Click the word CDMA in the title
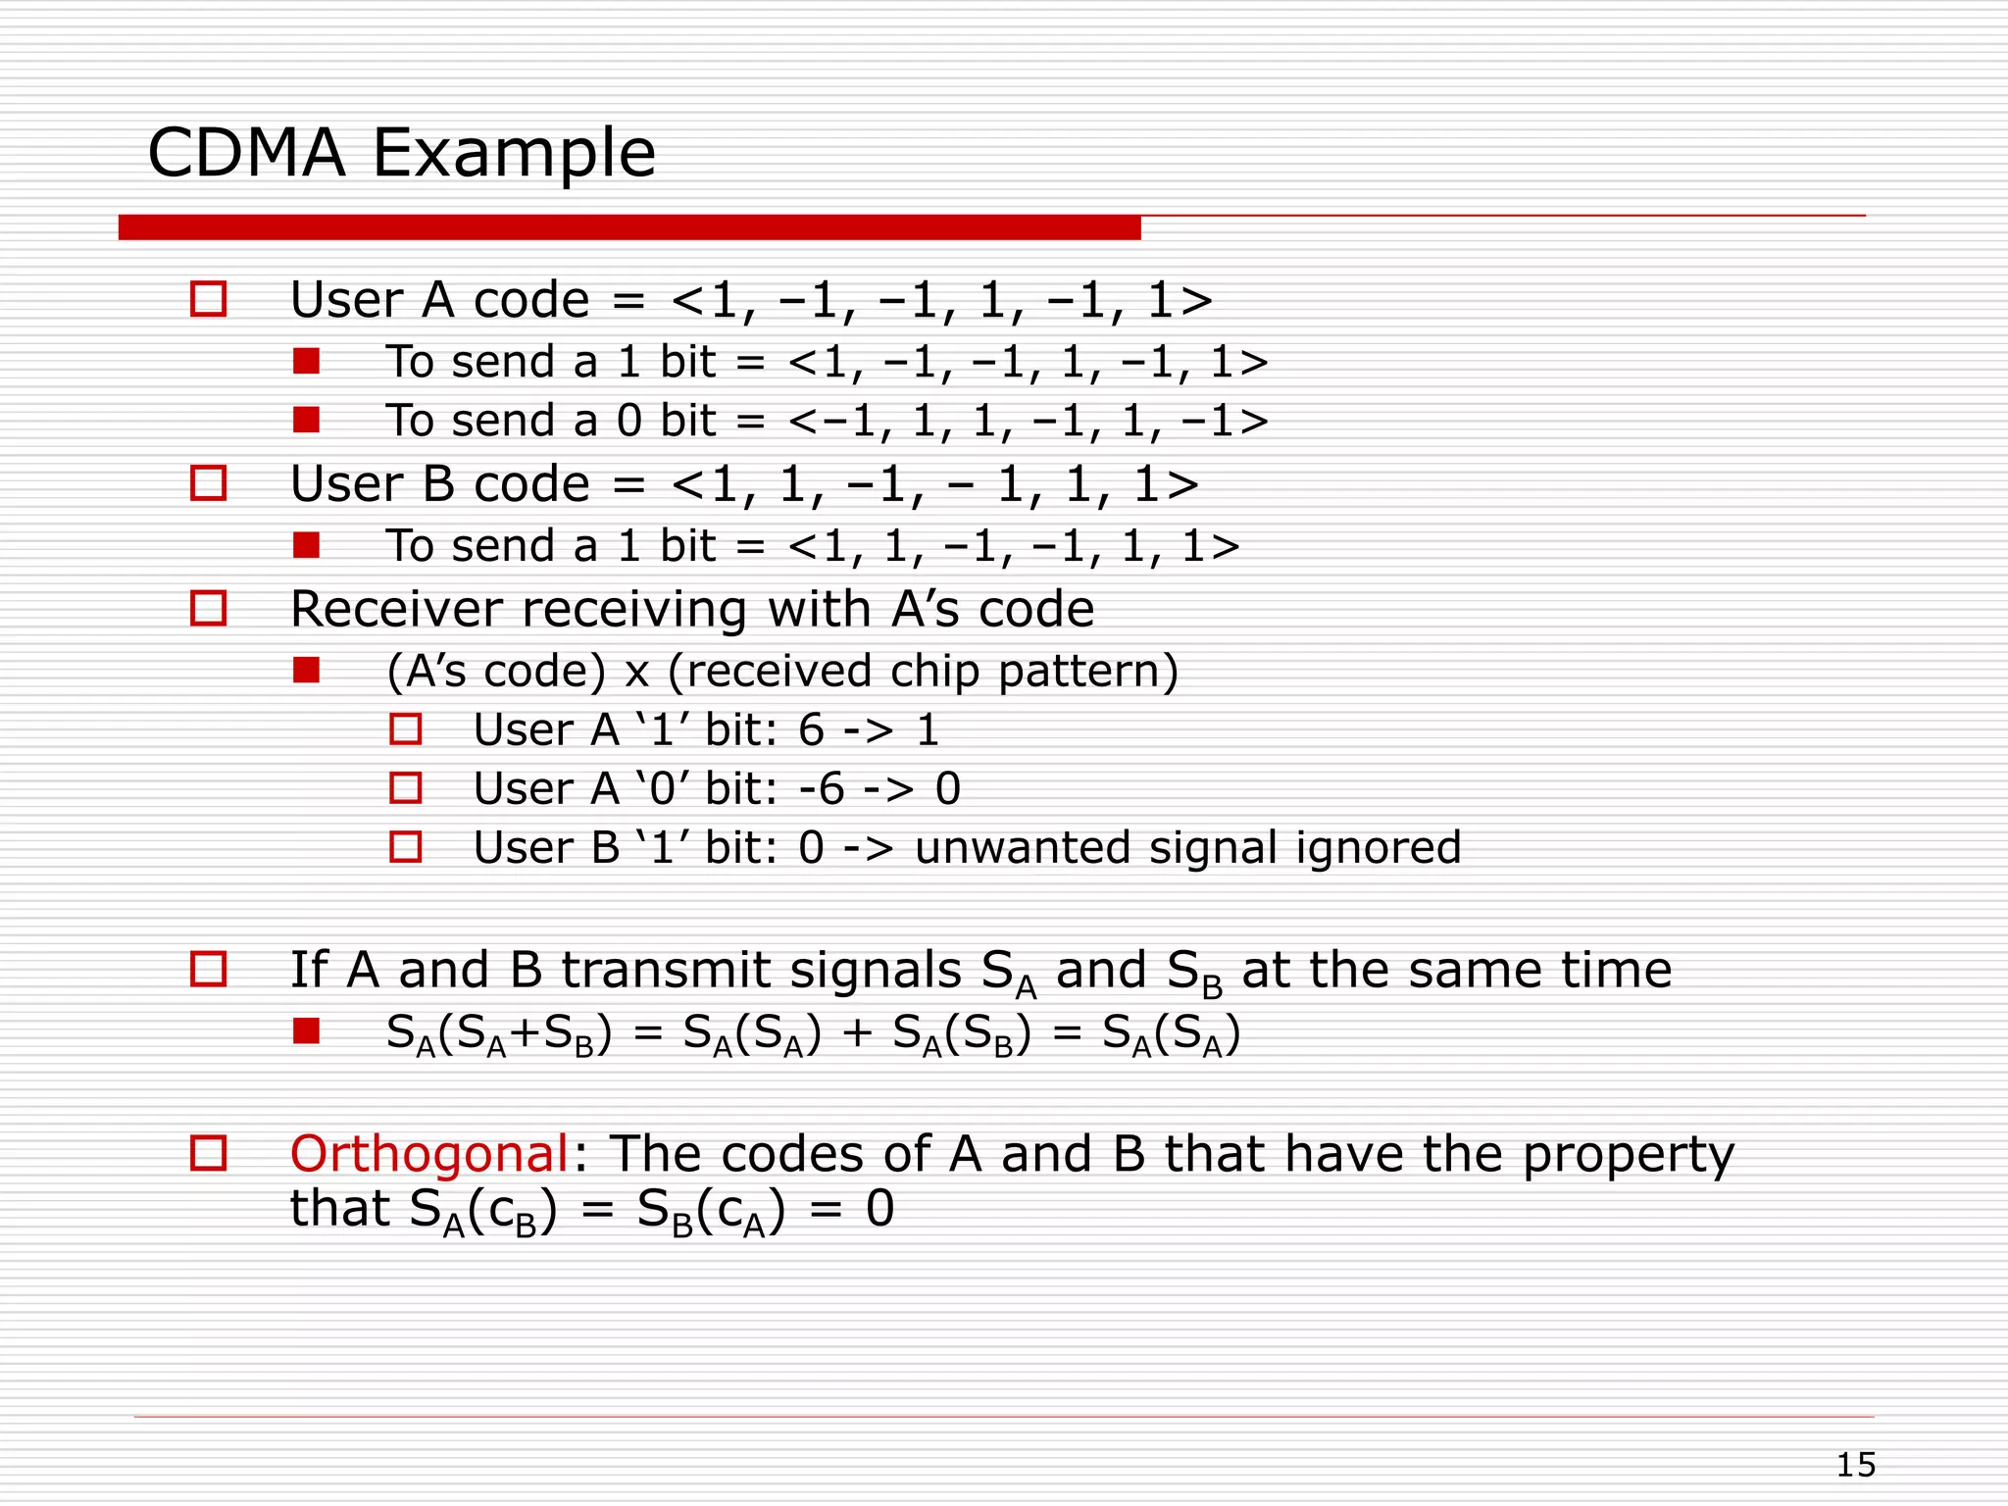[x=247, y=154]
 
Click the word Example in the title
[x=514, y=154]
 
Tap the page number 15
[x=1855, y=1465]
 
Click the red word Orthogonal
[x=429, y=1154]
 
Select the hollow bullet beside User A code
[x=208, y=299]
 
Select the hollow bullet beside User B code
[x=208, y=483]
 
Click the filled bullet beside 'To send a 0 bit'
[x=306, y=421]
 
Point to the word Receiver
[x=400, y=609]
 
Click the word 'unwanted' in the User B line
[x=1023, y=847]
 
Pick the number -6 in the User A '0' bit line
[x=822, y=788]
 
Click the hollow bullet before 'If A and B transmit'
[x=208, y=969]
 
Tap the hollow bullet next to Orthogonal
[x=208, y=1153]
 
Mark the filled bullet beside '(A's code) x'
[x=306, y=671]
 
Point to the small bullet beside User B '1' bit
[x=406, y=847]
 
